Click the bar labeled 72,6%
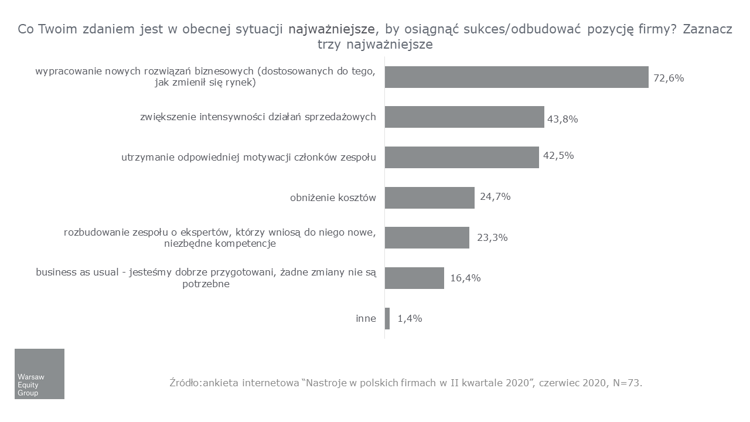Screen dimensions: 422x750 click(x=516, y=77)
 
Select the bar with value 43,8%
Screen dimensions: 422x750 click(x=464, y=117)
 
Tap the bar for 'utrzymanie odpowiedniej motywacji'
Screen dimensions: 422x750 click(x=462, y=157)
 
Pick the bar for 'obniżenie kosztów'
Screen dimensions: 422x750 click(x=429, y=198)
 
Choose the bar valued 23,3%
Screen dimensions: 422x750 click(x=427, y=237)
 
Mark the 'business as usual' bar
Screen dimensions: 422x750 click(x=414, y=278)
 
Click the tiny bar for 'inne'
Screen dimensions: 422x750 click(x=387, y=318)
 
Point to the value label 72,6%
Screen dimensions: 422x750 click(x=669, y=78)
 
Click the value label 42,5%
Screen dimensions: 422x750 click(x=558, y=156)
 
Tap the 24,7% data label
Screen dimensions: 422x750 click(x=495, y=196)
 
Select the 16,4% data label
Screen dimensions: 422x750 click(x=465, y=278)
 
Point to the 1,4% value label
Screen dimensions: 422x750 click(x=410, y=319)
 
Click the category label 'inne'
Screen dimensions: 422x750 click(x=366, y=319)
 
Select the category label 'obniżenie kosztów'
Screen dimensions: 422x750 click(x=333, y=198)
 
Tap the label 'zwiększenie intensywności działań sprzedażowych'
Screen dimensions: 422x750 click(x=258, y=117)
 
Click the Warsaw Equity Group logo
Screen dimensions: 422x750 click(x=39, y=374)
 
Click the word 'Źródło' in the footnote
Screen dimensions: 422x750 click(x=183, y=383)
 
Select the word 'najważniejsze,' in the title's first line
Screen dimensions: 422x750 click(x=333, y=30)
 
